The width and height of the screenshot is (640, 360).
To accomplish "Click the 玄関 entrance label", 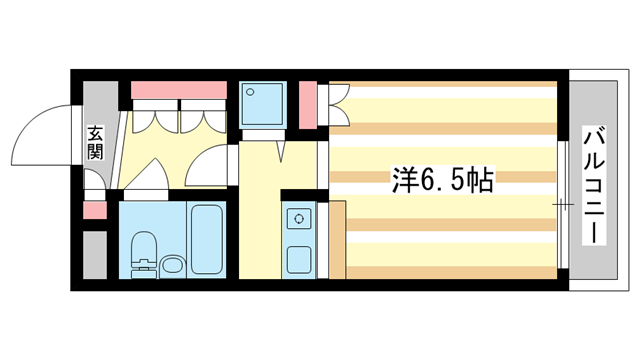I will pyautogui.click(x=95, y=142).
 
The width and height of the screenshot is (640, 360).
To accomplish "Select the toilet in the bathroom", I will pyautogui.click(x=144, y=251).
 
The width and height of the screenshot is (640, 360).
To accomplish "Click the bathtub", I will pyautogui.click(x=207, y=239).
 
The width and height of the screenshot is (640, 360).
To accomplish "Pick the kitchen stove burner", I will pyautogui.click(x=299, y=217).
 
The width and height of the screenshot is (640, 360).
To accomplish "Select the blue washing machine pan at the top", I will pyautogui.click(x=264, y=101).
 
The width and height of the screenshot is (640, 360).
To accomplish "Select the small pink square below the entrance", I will pyautogui.click(x=93, y=211).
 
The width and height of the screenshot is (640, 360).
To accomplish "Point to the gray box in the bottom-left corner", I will pyautogui.click(x=93, y=255).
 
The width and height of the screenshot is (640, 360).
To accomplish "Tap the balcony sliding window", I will pyautogui.click(x=563, y=205).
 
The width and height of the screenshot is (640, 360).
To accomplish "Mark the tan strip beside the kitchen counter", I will pyautogui.click(x=337, y=240).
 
